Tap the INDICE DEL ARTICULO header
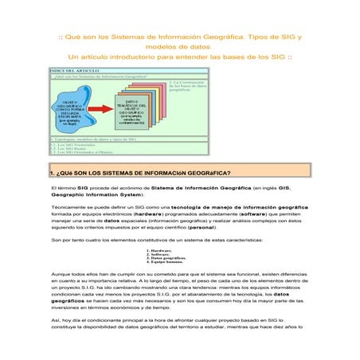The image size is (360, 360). (x=76, y=70)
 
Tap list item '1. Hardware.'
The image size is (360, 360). (x=159, y=250)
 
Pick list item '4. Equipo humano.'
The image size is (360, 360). (x=164, y=262)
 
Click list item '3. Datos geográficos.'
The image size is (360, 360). (x=166, y=258)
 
